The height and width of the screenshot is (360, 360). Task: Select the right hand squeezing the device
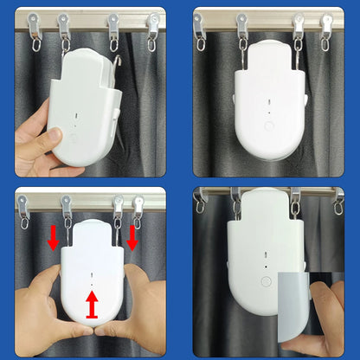(138, 303)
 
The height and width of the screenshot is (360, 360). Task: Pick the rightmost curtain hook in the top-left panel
(152, 29)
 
